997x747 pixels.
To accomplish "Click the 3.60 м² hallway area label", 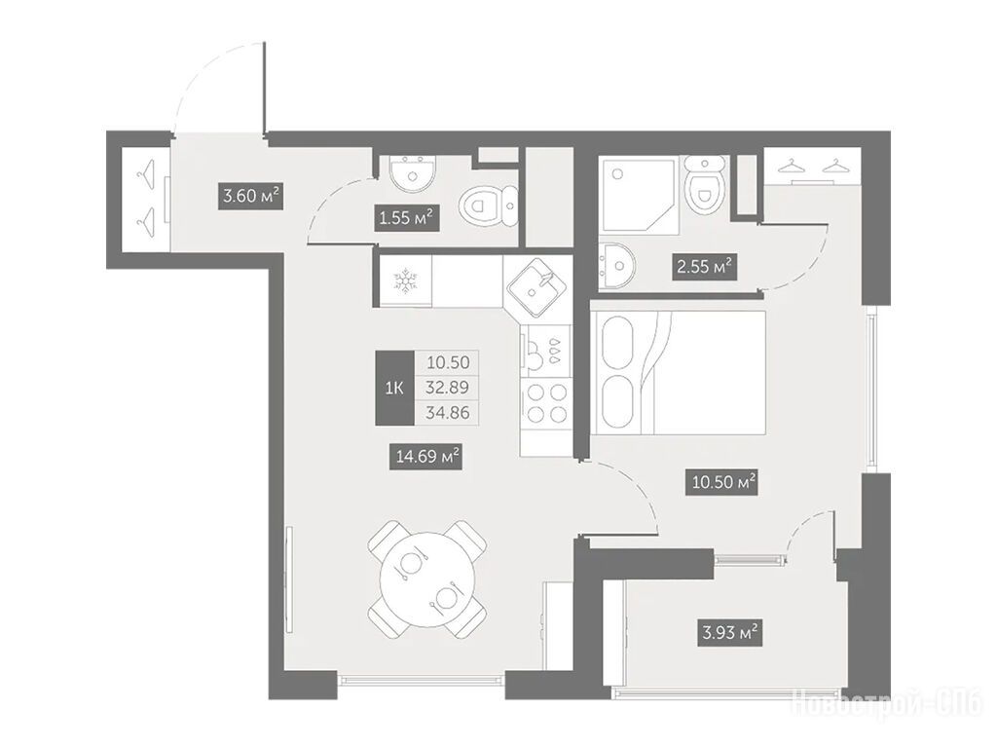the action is (x=250, y=196).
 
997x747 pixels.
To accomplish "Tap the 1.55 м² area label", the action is (x=406, y=218).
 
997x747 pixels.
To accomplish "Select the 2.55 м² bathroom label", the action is (x=704, y=266).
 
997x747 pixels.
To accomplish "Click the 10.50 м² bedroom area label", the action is (x=723, y=482).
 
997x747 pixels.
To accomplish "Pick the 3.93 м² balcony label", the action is (x=728, y=632).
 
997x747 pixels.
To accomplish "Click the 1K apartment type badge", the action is (x=394, y=388).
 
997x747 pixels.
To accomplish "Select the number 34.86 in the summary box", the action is (x=448, y=413).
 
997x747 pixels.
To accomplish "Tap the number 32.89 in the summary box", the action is (x=448, y=387).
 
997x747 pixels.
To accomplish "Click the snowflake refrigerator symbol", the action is (x=404, y=280).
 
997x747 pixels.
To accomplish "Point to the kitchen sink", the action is (x=537, y=287).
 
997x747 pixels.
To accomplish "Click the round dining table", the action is (x=427, y=579).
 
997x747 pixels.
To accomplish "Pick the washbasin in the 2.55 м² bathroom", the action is (x=616, y=267).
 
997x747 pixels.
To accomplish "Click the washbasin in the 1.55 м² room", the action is (x=413, y=173).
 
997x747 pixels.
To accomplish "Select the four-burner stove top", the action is (x=546, y=403).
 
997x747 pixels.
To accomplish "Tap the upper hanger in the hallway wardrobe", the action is (x=147, y=173).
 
